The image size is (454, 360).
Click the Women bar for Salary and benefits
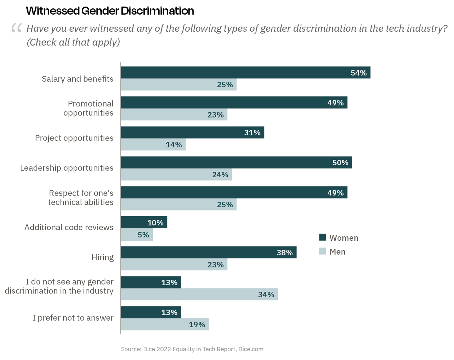click(245, 73)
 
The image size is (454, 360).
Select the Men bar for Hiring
click(174, 264)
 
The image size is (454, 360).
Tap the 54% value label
click(358, 73)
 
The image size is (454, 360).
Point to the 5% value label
click(143, 235)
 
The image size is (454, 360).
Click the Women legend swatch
click(322, 237)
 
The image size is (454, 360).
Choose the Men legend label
click(337, 252)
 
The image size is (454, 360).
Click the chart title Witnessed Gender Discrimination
click(110, 11)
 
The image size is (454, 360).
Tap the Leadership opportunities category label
click(67, 168)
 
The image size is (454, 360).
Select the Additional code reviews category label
click(69, 227)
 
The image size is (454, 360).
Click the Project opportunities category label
click(74, 138)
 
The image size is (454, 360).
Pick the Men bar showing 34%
click(199, 294)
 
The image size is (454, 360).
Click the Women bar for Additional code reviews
click(144, 222)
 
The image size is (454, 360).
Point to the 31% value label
click(252, 133)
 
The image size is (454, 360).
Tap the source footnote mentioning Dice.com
click(192, 349)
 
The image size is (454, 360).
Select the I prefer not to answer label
click(73, 318)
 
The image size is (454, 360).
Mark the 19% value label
click(197, 325)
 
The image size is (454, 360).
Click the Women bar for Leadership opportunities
click(236, 163)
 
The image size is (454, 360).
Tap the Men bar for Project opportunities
click(153, 145)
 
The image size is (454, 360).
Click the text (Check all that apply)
click(73, 42)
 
